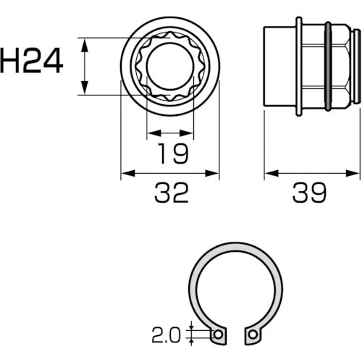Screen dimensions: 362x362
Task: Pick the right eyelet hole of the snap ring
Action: tap(253, 334)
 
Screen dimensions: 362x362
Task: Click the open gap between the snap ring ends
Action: tap(235, 334)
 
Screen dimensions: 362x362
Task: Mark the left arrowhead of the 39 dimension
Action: tap(267, 173)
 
